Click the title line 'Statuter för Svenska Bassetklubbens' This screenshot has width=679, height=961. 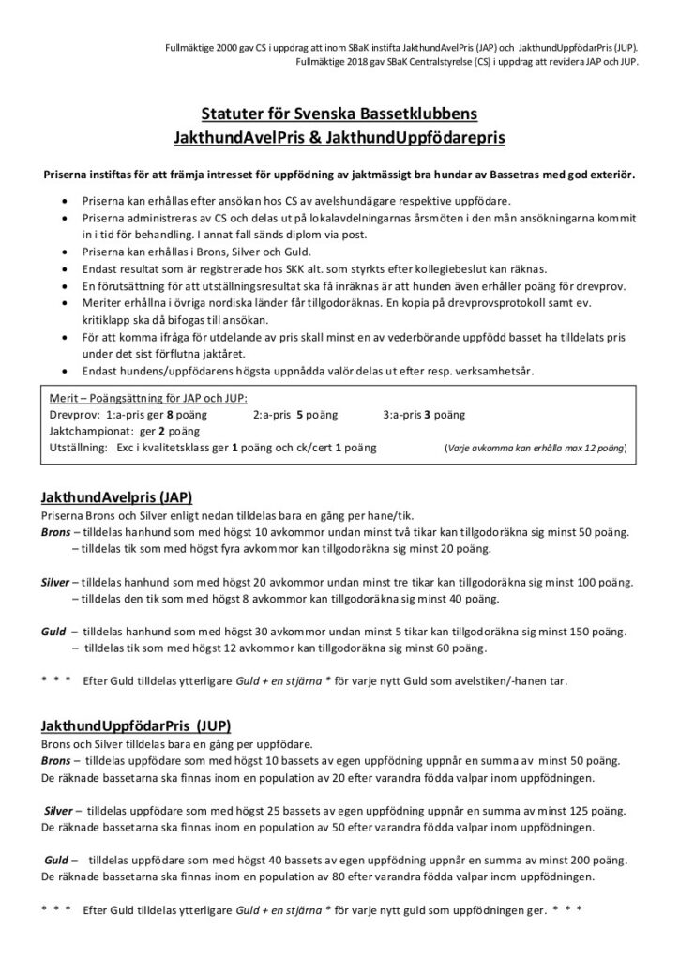[339, 114]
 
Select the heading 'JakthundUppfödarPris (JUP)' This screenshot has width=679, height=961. [136, 725]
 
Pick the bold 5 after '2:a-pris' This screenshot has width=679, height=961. [297, 414]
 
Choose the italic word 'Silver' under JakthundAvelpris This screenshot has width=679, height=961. [56, 582]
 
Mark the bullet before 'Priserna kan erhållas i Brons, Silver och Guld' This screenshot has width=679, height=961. [63, 253]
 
